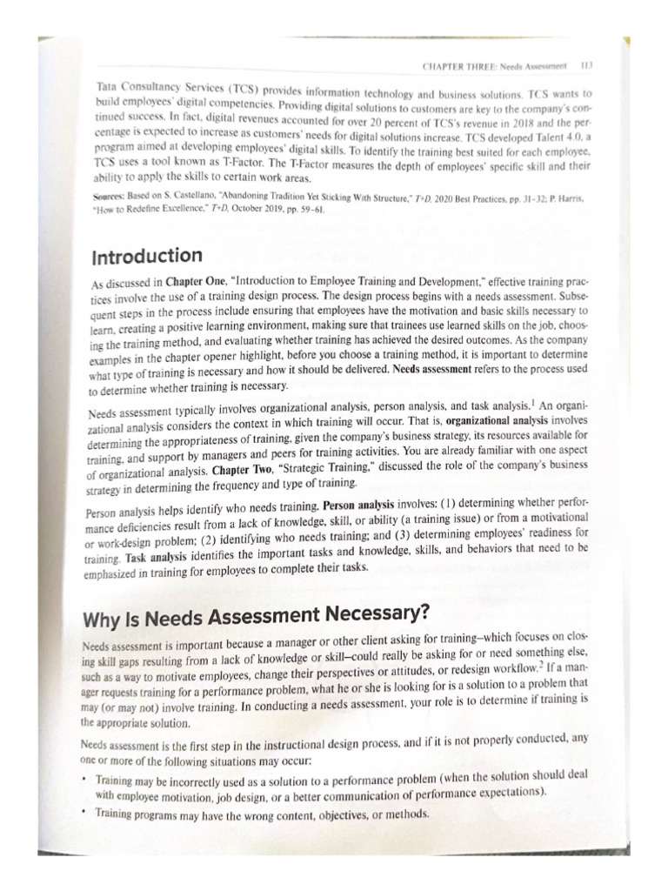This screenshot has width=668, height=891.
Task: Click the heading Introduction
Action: (146, 256)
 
